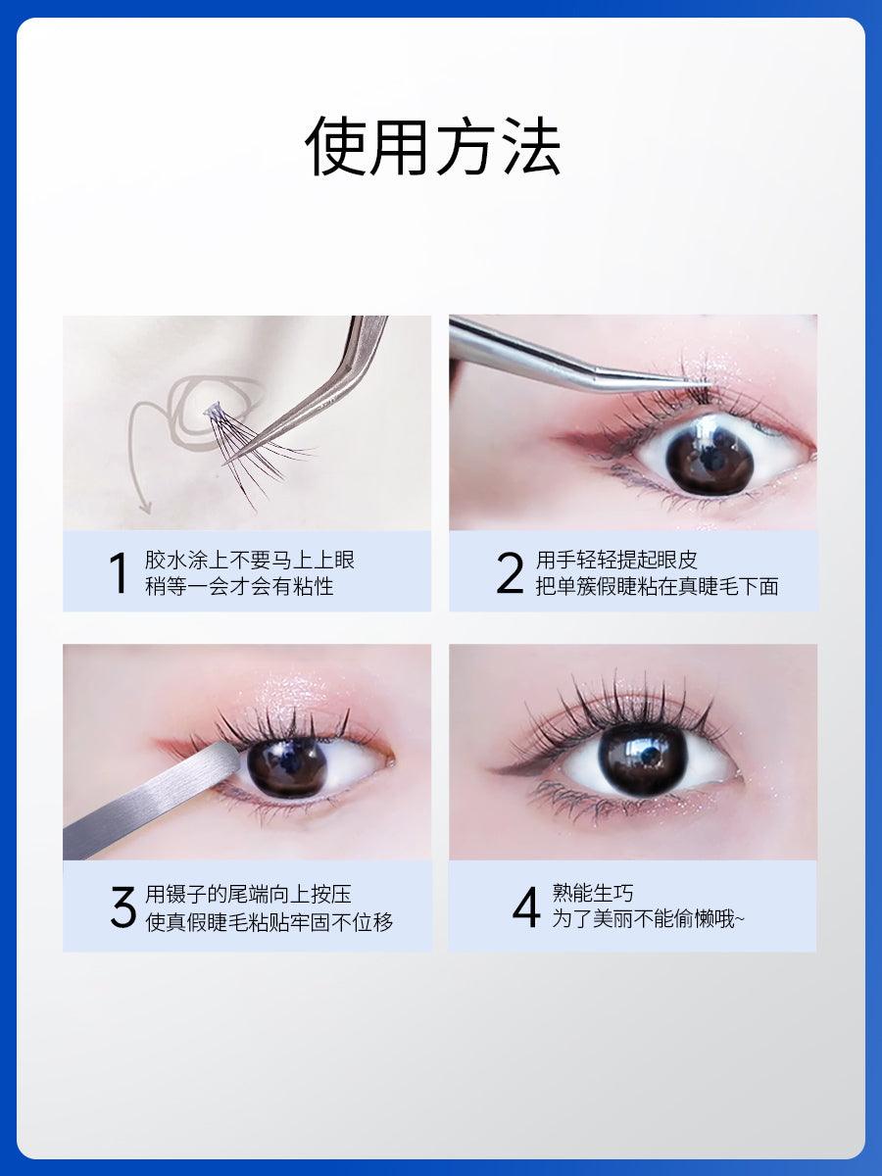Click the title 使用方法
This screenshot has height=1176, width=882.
432,147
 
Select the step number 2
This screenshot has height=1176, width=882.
510,573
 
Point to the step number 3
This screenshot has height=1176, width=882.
122,907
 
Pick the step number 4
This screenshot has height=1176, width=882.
526,907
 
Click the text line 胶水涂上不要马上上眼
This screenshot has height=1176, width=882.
250,561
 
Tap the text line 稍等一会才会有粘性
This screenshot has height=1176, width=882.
239,587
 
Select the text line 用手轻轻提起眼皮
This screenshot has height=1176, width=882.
616,561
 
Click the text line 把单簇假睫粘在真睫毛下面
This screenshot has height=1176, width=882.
657,587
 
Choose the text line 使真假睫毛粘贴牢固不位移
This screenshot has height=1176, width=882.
269,922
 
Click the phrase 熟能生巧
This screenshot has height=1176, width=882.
593,893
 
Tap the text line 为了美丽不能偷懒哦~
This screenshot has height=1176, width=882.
648,920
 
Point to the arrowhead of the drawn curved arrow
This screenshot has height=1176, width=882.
144,507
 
